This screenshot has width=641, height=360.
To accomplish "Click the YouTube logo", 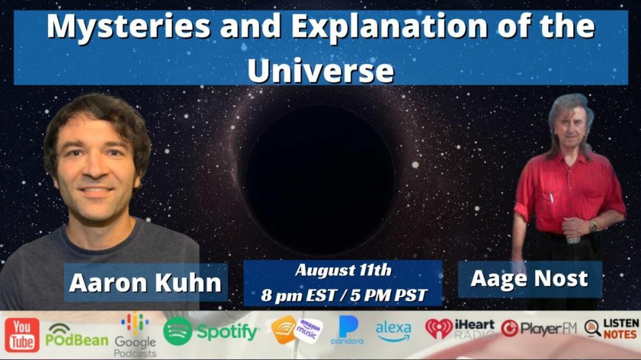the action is [x=22, y=335].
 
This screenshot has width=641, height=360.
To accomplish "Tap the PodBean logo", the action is [x=77, y=336].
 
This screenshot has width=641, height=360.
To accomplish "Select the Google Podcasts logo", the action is [x=135, y=335].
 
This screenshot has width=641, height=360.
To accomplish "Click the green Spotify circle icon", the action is [x=177, y=331].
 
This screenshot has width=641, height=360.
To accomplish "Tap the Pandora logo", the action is [x=348, y=330].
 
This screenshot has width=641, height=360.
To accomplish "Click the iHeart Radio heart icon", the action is [x=439, y=329].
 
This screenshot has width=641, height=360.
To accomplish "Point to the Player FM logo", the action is [x=538, y=328].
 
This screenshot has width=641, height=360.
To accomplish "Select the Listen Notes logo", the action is [x=611, y=329].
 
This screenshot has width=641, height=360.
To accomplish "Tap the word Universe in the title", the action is [x=321, y=70].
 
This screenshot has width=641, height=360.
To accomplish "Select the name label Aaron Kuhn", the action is [x=145, y=283].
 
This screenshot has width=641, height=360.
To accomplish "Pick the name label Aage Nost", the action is [x=529, y=279].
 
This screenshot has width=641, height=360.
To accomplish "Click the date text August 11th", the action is [x=343, y=270].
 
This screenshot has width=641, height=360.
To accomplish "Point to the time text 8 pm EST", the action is [x=298, y=295].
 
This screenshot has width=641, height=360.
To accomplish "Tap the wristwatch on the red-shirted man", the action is [x=593, y=226].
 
